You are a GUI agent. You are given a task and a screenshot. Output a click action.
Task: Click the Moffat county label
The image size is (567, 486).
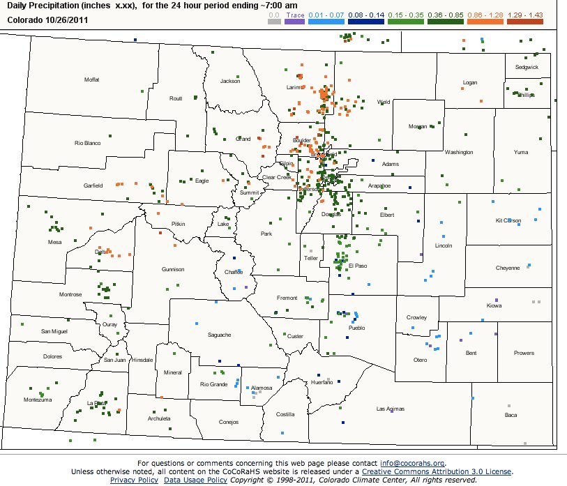click(92, 79)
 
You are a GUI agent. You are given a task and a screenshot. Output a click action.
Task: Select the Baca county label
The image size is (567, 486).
click(511, 415)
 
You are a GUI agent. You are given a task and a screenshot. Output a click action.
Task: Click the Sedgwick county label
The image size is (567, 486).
click(527, 68)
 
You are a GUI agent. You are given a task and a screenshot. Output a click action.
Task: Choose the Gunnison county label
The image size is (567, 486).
click(173, 269)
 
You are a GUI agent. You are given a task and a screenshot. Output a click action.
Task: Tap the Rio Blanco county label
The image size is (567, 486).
click(88, 143)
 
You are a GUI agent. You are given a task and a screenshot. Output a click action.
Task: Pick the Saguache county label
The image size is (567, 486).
click(219, 335)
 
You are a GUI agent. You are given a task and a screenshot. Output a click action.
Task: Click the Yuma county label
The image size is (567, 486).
click(520, 152)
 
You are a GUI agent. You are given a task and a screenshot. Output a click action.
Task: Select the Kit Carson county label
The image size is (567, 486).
click(508, 220)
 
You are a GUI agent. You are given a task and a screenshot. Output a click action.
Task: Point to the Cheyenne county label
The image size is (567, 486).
click(508, 268)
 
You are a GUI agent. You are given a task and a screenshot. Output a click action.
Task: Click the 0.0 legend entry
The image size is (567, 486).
click(275, 13)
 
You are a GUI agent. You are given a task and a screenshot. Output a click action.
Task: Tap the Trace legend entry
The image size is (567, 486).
click(295, 13)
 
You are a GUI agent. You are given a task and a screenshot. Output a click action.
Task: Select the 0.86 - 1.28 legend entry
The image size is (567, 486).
click(487, 13)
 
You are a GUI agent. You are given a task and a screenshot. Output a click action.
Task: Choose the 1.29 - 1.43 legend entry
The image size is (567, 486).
click(526, 13)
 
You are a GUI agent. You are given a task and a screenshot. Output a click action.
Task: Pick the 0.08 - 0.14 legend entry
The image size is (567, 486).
click(365, 13)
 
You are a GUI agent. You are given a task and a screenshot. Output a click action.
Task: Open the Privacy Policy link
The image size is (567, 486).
click(135, 480)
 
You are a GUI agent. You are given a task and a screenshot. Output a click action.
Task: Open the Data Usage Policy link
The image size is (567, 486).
click(195, 480)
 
